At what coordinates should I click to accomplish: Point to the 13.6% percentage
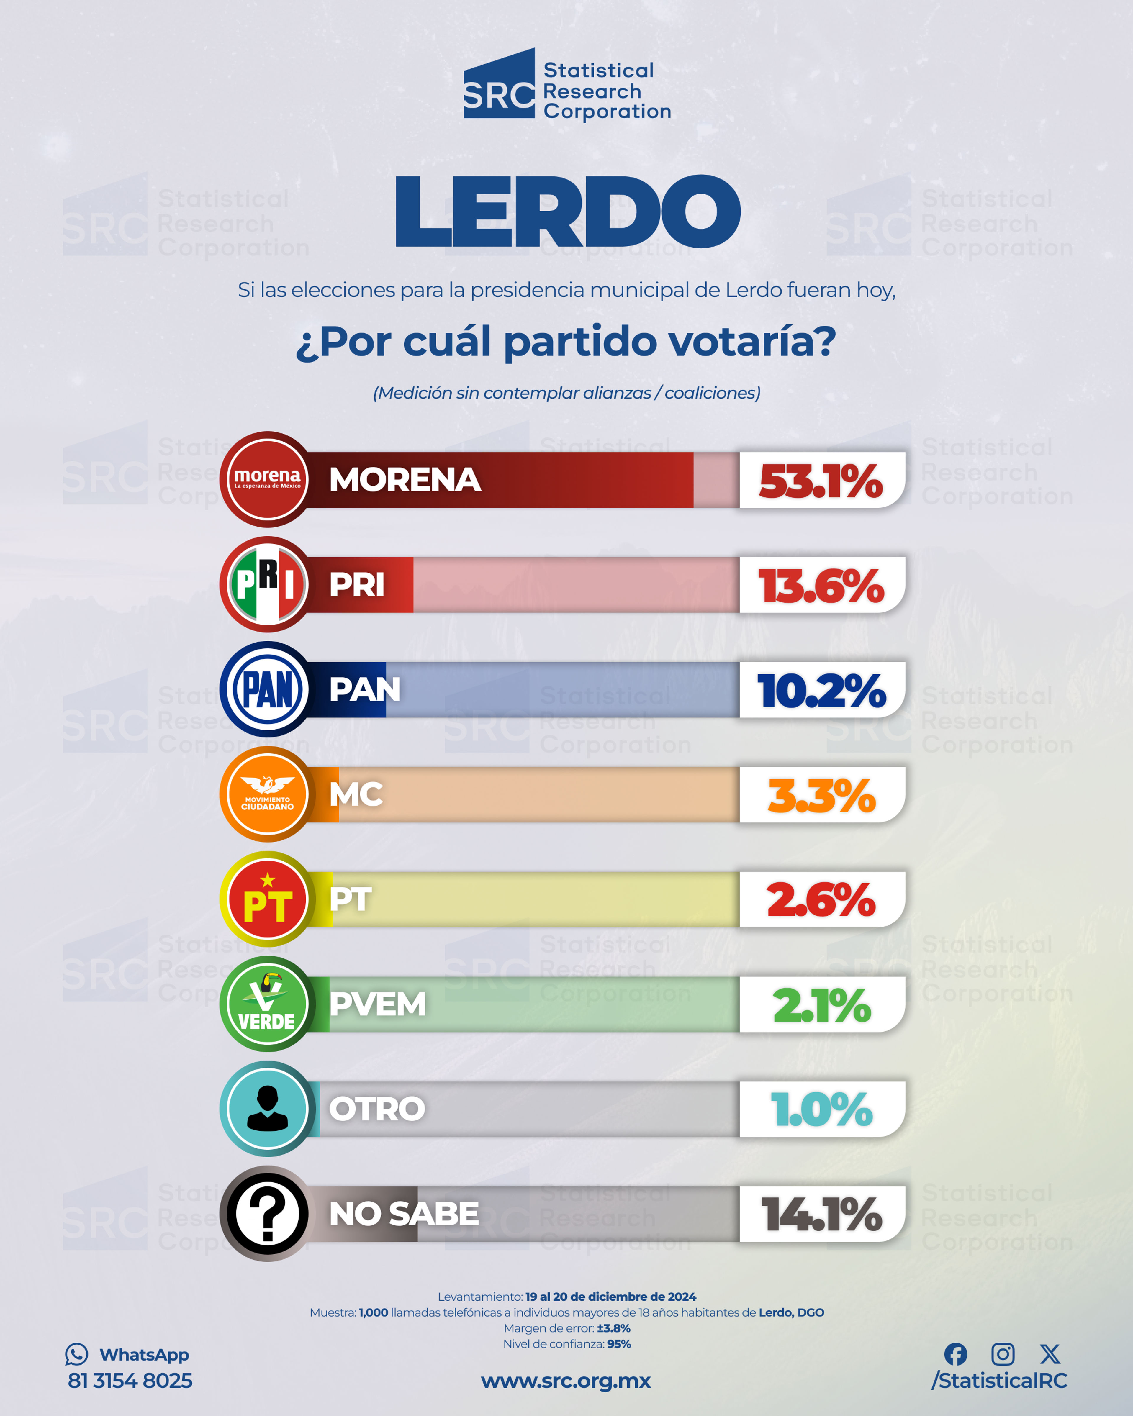tap(821, 586)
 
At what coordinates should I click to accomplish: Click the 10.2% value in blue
tap(821, 691)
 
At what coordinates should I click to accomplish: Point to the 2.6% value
tap(821, 900)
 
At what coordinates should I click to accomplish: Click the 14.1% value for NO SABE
tap(821, 1215)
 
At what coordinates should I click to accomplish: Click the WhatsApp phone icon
tap(76, 1354)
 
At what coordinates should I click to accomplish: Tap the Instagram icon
tap(1002, 1354)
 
